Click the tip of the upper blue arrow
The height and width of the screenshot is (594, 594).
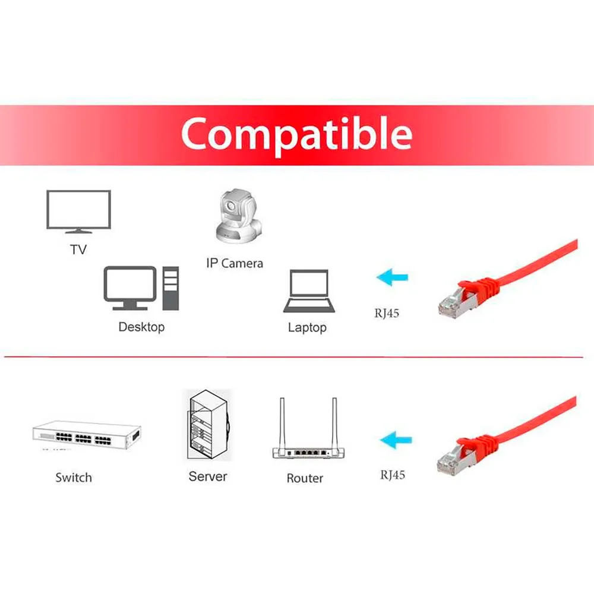point(377,277)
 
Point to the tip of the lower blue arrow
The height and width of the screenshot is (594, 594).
point(380,440)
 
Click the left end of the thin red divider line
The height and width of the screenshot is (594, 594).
point(5,356)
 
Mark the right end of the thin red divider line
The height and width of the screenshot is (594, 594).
point(583,356)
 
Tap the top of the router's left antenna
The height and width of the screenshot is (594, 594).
point(282,399)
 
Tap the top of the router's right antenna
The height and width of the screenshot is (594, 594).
point(334,399)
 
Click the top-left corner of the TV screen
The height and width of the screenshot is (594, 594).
point(47,191)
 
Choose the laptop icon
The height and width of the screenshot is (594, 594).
point(309,291)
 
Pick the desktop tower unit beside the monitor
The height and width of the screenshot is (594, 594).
point(170,288)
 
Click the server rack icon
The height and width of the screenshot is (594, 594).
point(208,425)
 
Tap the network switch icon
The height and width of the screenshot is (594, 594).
point(87,435)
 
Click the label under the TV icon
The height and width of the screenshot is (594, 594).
point(78,249)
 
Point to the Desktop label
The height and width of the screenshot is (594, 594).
point(142,327)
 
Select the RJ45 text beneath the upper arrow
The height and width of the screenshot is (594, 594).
point(387,313)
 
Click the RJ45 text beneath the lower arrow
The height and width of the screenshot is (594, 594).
point(393,475)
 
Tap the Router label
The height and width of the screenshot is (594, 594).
point(305,478)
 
